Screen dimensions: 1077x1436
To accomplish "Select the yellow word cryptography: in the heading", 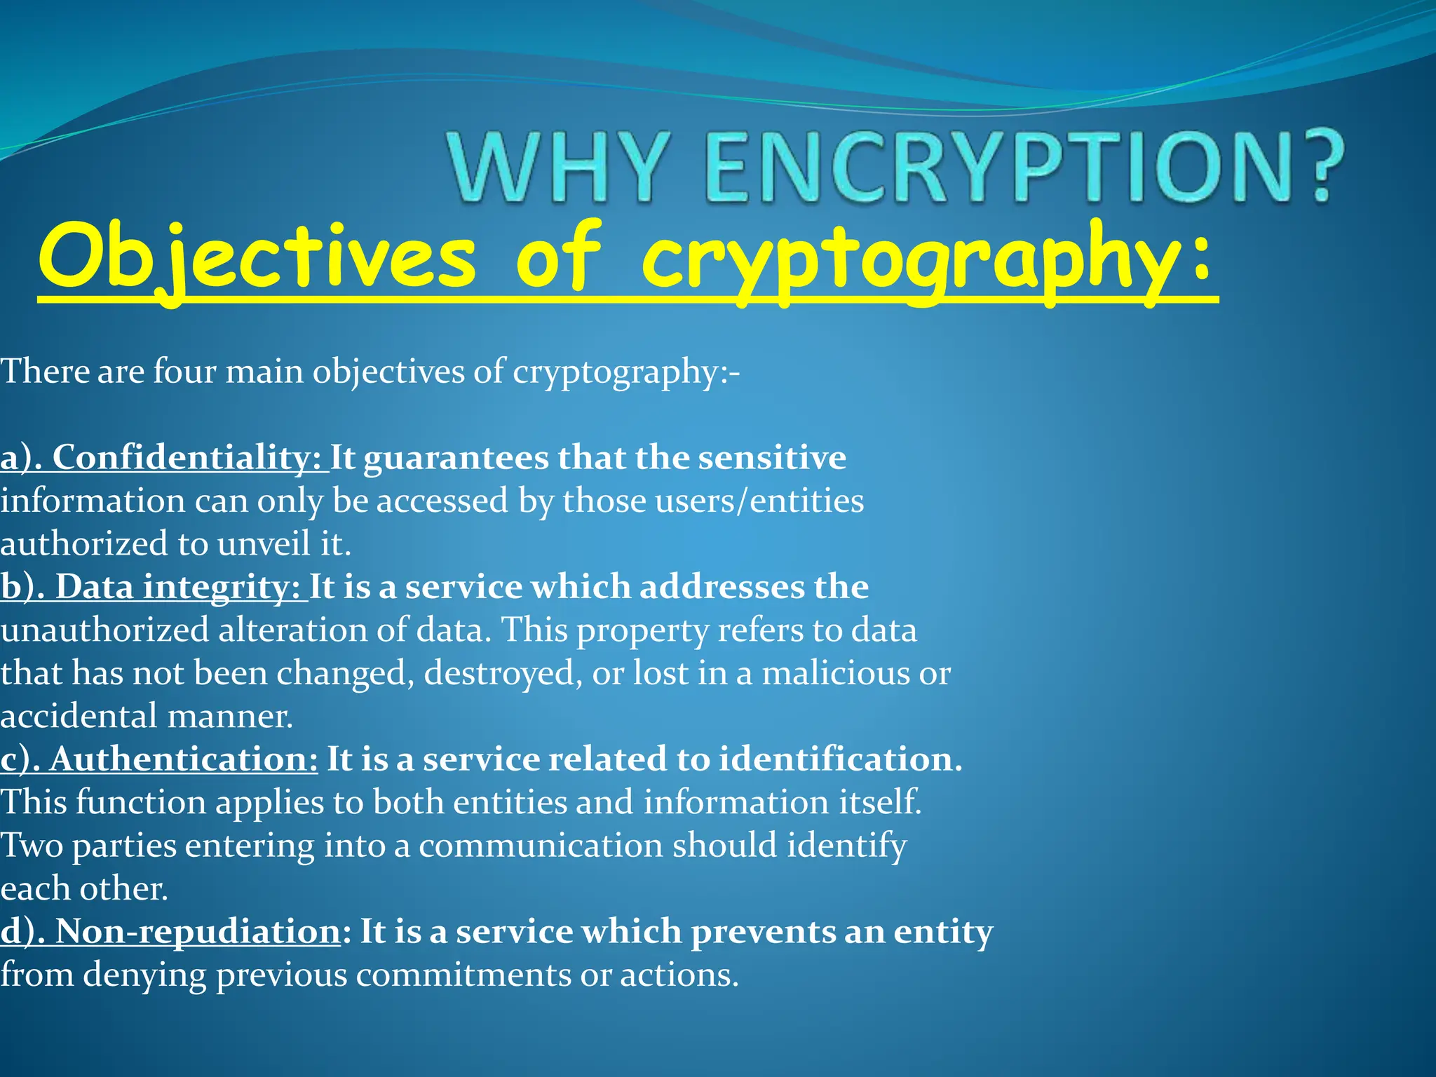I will [x=926, y=257].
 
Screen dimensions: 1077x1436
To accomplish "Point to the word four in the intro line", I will [x=184, y=371].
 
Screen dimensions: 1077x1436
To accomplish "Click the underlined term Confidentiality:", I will [x=187, y=458].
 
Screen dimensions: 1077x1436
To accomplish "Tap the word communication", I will [x=541, y=846].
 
